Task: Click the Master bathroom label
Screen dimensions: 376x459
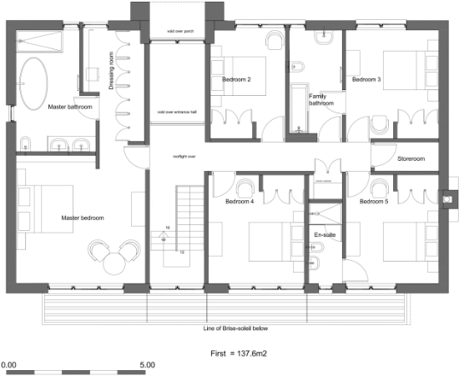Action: click(x=69, y=108)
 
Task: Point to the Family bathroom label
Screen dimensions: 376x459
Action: click(x=321, y=100)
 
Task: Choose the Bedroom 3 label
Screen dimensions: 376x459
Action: click(x=366, y=80)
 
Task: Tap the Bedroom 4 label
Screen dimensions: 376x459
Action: click(x=240, y=202)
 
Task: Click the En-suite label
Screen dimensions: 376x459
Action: click(x=324, y=236)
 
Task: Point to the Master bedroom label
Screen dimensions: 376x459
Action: click(x=83, y=218)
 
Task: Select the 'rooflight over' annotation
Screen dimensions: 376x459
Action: click(x=184, y=156)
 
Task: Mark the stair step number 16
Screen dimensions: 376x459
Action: click(x=167, y=228)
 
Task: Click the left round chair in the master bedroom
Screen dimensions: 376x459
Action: click(x=100, y=250)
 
